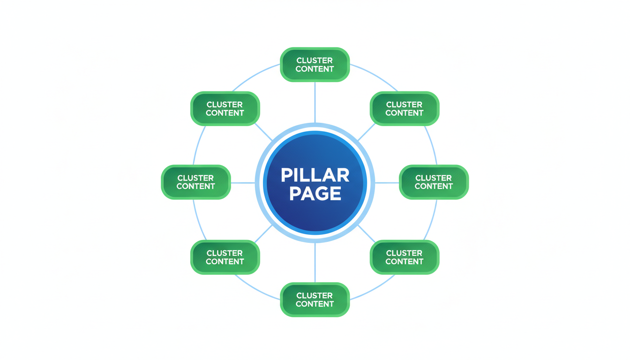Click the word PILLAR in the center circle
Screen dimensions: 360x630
coord(315,175)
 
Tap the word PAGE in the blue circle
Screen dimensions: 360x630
coord(315,193)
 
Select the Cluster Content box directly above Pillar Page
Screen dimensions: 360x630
coord(315,65)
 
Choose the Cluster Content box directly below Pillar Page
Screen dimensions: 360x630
coord(315,300)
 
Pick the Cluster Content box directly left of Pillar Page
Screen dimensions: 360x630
coord(195,182)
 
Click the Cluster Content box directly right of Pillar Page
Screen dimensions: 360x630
coord(434,182)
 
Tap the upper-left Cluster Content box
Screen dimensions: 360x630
coord(225,109)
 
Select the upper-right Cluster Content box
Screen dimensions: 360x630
coord(404,109)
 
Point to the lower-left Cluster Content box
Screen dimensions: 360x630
coord(225,257)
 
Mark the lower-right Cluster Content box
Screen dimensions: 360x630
coord(404,257)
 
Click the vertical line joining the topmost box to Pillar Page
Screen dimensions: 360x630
coord(315,102)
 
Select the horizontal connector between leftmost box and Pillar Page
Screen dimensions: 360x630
coord(243,182)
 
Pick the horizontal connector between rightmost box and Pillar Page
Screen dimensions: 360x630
coord(387,182)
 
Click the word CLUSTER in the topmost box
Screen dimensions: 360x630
coord(315,60)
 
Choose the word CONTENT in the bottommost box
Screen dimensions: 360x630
coord(315,304)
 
